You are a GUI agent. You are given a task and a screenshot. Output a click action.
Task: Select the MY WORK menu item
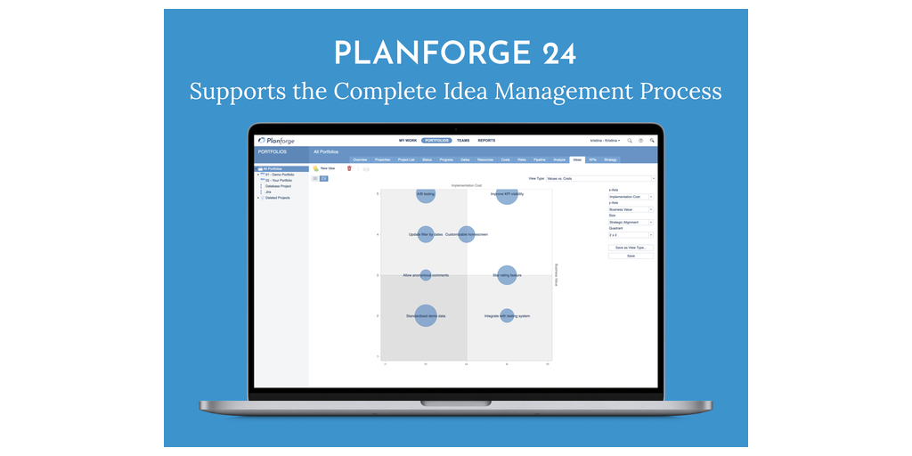pyautogui.click(x=408, y=141)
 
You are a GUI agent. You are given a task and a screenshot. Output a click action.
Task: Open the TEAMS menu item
pyautogui.click(x=463, y=141)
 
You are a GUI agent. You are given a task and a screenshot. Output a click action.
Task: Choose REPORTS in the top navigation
pyautogui.click(x=486, y=141)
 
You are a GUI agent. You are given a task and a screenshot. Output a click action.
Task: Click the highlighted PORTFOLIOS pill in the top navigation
pyautogui.click(x=436, y=141)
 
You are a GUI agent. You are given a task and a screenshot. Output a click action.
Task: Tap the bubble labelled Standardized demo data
pyautogui.click(x=426, y=315)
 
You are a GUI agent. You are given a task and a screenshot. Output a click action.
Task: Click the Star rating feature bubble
pyautogui.click(x=507, y=275)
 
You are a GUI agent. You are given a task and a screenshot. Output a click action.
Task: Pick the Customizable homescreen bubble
pyautogui.click(x=466, y=234)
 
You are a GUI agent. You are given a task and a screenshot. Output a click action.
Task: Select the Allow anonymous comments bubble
pyautogui.click(x=426, y=275)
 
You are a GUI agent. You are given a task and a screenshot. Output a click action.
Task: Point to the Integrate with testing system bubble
pyautogui.click(x=507, y=315)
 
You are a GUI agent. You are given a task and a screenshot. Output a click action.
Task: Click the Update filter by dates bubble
pyautogui.click(x=426, y=234)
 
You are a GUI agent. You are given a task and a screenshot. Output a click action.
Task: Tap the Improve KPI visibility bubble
pyautogui.click(x=507, y=193)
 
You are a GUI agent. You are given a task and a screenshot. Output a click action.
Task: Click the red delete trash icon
pyautogui.click(x=349, y=167)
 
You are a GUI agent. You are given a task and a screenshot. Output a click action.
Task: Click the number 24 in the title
pyautogui.click(x=558, y=53)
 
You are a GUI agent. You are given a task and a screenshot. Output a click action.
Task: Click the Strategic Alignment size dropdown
pyautogui.click(x=631, y=222)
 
